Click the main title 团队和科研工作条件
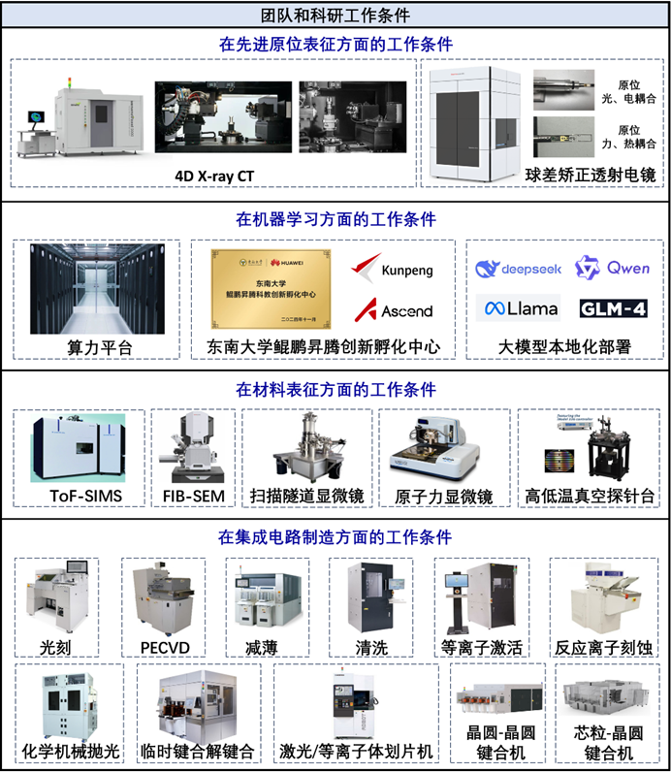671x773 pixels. point(335,15)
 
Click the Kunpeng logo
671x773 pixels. point(393,269)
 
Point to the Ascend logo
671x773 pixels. point(393,310)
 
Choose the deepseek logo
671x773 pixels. point(519,269)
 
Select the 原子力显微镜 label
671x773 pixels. point(443,497)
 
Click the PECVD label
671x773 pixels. point(161,646)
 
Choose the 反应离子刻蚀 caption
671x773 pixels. point(604,647)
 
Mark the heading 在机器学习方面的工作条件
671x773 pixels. point(335,219)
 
